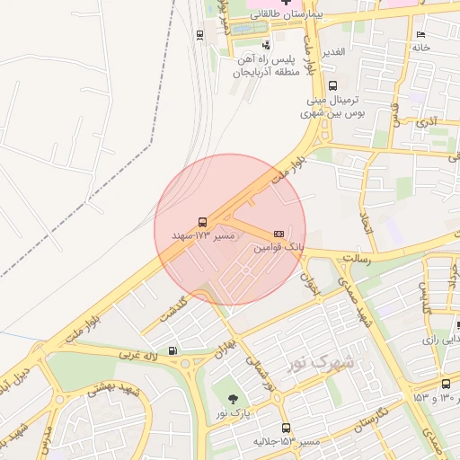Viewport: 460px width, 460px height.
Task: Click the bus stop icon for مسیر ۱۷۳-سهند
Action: (201, 220)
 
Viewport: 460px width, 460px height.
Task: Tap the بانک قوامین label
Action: (279, 245)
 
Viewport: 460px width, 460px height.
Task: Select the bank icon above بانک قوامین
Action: (278, 231)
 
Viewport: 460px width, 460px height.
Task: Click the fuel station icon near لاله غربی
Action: (172, 350)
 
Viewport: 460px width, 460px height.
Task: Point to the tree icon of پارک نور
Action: (234, 398)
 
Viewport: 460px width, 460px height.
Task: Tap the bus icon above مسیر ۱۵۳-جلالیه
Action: (286, 428)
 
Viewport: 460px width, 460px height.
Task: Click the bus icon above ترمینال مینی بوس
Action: (332, 85)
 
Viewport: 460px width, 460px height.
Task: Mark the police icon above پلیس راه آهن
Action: (265, 44)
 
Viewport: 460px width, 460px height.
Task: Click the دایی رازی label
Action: (441, 339)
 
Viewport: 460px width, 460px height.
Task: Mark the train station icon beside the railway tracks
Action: (199, 35)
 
